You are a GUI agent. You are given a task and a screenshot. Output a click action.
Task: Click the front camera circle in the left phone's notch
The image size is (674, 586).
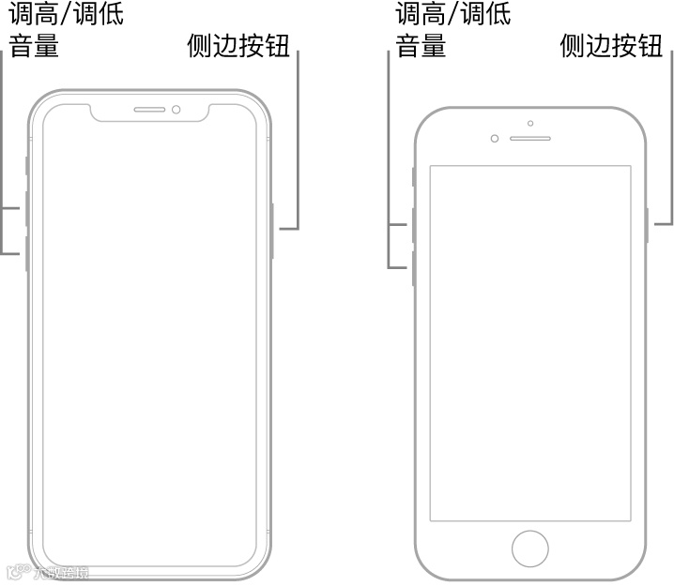[176, 110]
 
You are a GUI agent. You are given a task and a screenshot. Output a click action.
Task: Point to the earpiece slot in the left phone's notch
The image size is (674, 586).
[150, 110]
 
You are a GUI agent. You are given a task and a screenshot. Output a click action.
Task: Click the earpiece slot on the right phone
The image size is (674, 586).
[530, 138]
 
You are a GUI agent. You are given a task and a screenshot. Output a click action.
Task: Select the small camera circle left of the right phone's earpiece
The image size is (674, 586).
[495, 139]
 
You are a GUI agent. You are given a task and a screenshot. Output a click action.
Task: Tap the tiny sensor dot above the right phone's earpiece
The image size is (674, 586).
[530, 123]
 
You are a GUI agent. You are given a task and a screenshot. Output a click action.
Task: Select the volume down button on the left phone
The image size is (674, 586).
[26, 253]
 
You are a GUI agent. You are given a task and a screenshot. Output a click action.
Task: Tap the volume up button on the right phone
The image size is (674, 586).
[413, 225]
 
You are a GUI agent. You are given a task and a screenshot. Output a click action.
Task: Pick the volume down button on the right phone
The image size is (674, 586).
[413, 268]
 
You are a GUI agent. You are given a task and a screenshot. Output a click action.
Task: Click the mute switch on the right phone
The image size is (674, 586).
[413, 176]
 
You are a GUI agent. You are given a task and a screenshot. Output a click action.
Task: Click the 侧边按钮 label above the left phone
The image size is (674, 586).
[237, 45]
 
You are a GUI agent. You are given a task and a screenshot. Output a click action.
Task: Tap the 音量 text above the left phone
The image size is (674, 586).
[35, 45]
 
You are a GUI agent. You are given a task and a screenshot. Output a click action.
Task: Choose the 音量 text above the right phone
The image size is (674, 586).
[421, 45]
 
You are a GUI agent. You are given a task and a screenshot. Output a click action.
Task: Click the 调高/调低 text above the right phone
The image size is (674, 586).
[453, 13]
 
